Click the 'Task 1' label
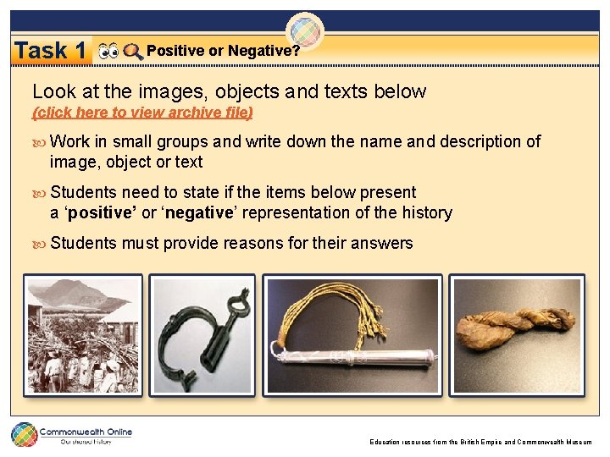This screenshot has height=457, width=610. (x=50, y=51)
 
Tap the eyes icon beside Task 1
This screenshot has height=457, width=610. (x=108, y=52)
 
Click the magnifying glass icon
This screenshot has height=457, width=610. (x=133, y=52)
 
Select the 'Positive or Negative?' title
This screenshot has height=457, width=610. (x=223, y=51)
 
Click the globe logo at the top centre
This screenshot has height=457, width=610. (x=305, y=32)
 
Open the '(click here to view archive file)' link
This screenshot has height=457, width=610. (x=142, y=112)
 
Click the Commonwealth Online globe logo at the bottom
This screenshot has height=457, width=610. (x=24, y=435)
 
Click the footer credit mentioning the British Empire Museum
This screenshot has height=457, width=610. (x=480, y=442)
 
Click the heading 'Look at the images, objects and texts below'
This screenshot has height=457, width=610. (x=229, y=91)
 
